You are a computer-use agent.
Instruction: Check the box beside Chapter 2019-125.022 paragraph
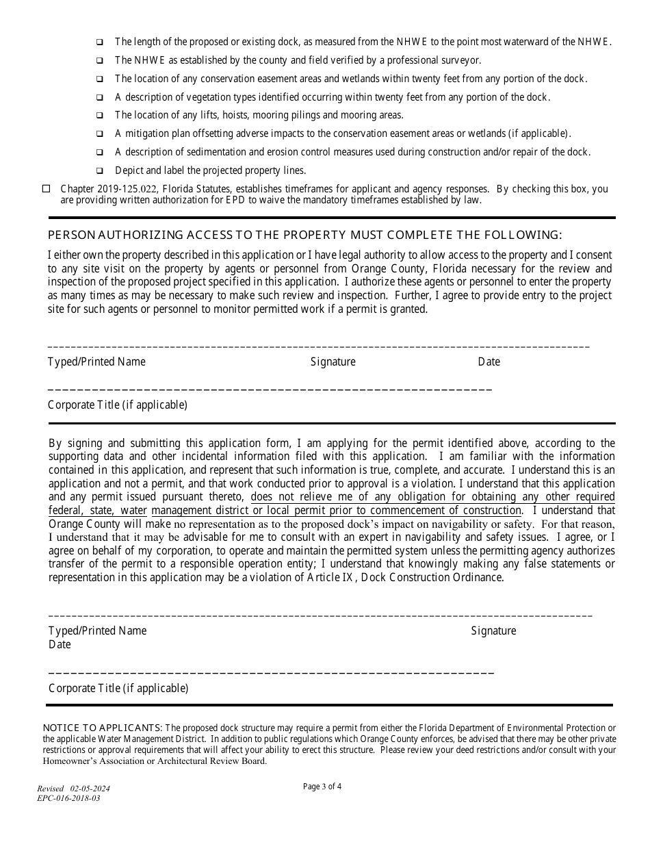47,189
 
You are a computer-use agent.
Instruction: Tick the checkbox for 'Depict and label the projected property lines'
100,171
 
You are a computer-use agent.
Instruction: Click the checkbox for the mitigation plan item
100,134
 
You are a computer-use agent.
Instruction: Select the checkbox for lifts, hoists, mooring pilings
100,116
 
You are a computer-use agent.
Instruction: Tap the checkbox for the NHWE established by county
100,60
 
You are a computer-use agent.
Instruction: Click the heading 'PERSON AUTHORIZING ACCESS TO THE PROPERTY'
304,235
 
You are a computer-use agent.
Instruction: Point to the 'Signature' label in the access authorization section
333,361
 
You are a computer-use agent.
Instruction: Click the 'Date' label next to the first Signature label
489,361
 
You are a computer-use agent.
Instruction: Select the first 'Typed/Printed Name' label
96,361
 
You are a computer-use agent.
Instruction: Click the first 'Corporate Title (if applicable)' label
117,405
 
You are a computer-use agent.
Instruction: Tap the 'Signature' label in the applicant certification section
493,630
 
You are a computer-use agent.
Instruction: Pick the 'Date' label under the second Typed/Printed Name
60,644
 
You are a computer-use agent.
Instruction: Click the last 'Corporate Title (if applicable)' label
118,688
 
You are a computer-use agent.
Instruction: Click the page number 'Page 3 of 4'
322,787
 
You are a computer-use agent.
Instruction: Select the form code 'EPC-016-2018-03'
68,798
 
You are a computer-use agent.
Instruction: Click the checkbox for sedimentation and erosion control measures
100,153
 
